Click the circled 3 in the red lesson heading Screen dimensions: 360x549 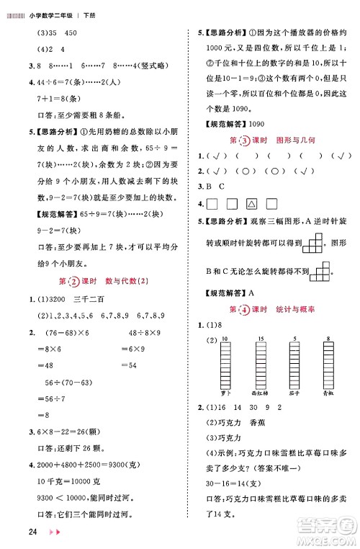246,139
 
